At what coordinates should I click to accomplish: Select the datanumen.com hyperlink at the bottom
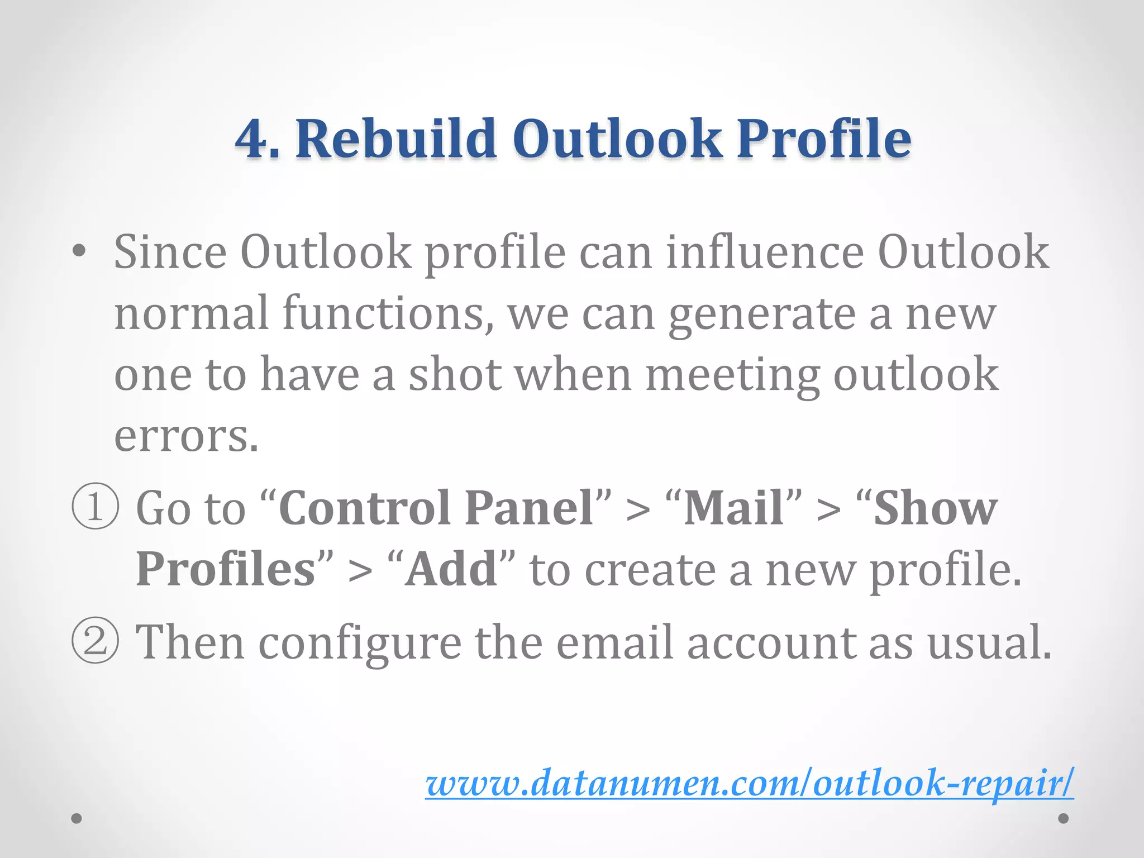point(749,783)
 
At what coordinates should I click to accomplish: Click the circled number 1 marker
point(96,507)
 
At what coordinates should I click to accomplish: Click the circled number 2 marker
point(96,641)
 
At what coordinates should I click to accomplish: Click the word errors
point(186,436)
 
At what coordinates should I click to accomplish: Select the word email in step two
point(614,642)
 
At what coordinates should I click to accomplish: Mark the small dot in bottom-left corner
point(77,818)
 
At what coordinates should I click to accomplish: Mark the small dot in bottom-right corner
point(1064,818)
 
